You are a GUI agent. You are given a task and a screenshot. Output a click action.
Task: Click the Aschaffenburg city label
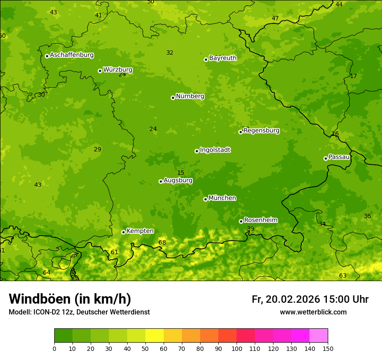tap(72, 55)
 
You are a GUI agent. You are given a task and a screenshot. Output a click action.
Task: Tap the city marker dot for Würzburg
tap(100, 71)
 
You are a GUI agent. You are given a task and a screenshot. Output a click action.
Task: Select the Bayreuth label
tap(223, 58)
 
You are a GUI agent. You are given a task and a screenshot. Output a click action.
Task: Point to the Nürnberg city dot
tap(173, 98)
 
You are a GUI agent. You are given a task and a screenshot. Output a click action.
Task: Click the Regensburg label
tap(261, 131)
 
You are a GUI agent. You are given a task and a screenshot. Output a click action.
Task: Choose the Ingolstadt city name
tap(215, 150)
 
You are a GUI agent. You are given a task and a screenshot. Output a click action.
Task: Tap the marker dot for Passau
tap(326, 158)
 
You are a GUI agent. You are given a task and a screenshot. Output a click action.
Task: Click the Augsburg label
tap(178, 180)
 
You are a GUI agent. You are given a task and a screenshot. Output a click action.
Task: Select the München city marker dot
tap(205, 199)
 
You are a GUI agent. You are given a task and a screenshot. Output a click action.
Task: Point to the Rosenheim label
tap(260, 220)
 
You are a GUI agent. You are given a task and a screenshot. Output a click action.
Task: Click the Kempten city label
tap(140, 231)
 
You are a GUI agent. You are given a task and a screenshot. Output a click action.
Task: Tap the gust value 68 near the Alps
tap(162, 242)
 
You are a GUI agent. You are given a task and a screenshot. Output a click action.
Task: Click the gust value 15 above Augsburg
tap(181, 173)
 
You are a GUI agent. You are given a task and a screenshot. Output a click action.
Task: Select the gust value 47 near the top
tap(275, 18)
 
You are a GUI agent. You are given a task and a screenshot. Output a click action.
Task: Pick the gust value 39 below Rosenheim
tap(250, 229)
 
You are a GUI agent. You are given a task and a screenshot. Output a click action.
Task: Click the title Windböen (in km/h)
tap(70, 299)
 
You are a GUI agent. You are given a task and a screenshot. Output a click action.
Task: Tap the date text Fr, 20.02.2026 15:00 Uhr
tap(310, 299)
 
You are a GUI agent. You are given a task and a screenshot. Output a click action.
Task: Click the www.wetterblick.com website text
tap(313, 312)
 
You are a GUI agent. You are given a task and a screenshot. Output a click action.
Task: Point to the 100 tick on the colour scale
tap(237, 348)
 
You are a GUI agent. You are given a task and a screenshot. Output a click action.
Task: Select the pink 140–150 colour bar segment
tap(319, 335)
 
